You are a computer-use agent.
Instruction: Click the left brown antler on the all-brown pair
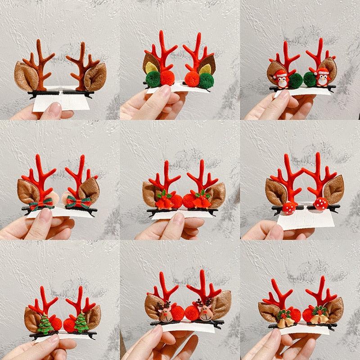pyautogui.click(x=43, y=65)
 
